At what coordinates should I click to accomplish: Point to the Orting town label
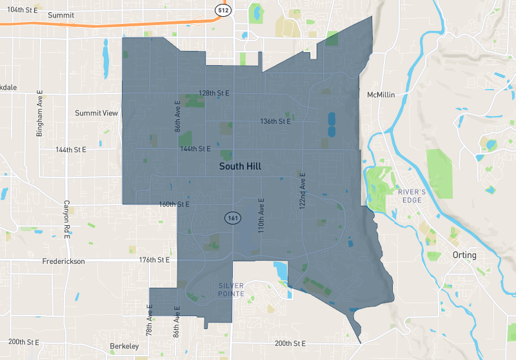coord(464,255)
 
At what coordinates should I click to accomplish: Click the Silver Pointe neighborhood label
coord(231,289)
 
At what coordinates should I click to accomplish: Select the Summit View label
coord(97,113)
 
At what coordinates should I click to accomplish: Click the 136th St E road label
coord(275,121)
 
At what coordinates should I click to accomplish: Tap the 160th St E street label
coord(174,205)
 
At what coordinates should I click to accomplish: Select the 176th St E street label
coord(154,260)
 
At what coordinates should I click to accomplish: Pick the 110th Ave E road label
coord(261,215)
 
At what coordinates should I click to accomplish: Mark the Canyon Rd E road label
coord(66,218)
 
